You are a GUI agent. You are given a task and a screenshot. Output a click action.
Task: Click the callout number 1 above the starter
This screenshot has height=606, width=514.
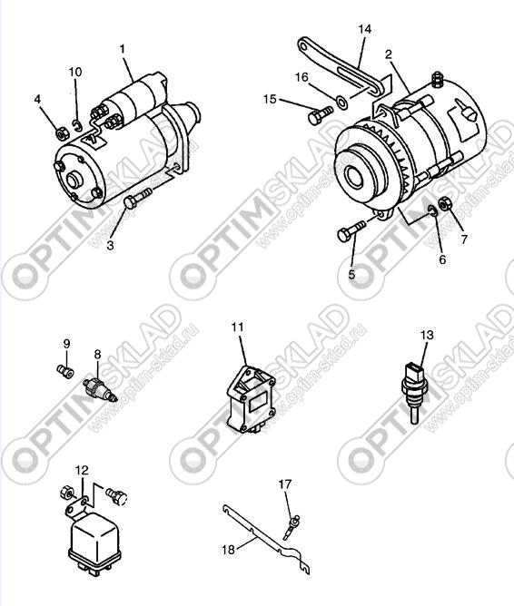click(123, 49)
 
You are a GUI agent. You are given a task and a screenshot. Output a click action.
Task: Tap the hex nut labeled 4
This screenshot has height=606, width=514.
click(61, 134)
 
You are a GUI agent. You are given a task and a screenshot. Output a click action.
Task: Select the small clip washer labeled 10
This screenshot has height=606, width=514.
click(77, 125)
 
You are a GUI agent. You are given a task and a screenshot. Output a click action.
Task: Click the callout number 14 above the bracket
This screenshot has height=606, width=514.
click(364, 29)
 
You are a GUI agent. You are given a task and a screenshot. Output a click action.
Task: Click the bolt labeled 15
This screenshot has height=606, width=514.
click(321, 115)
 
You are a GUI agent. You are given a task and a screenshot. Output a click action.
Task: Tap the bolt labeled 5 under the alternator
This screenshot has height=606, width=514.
click(351, 231)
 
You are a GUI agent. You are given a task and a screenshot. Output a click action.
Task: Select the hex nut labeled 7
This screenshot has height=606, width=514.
click(445, 203)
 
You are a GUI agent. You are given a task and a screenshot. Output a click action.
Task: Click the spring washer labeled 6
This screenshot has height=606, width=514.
click(432, 210)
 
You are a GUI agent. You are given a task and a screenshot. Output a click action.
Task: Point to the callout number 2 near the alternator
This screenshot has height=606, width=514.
click(389, 54)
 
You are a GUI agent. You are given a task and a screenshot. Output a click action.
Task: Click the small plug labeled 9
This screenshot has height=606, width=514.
click(65, 372)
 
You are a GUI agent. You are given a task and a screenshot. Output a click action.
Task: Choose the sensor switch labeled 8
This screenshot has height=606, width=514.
click(99, 389)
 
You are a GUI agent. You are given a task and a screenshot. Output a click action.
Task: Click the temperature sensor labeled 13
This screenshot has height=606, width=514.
click(415, 389)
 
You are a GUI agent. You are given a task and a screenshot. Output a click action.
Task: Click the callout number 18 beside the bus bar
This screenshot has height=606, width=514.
click(228, 549)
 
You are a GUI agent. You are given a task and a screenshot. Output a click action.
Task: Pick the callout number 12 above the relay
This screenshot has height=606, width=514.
click(82, 470)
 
